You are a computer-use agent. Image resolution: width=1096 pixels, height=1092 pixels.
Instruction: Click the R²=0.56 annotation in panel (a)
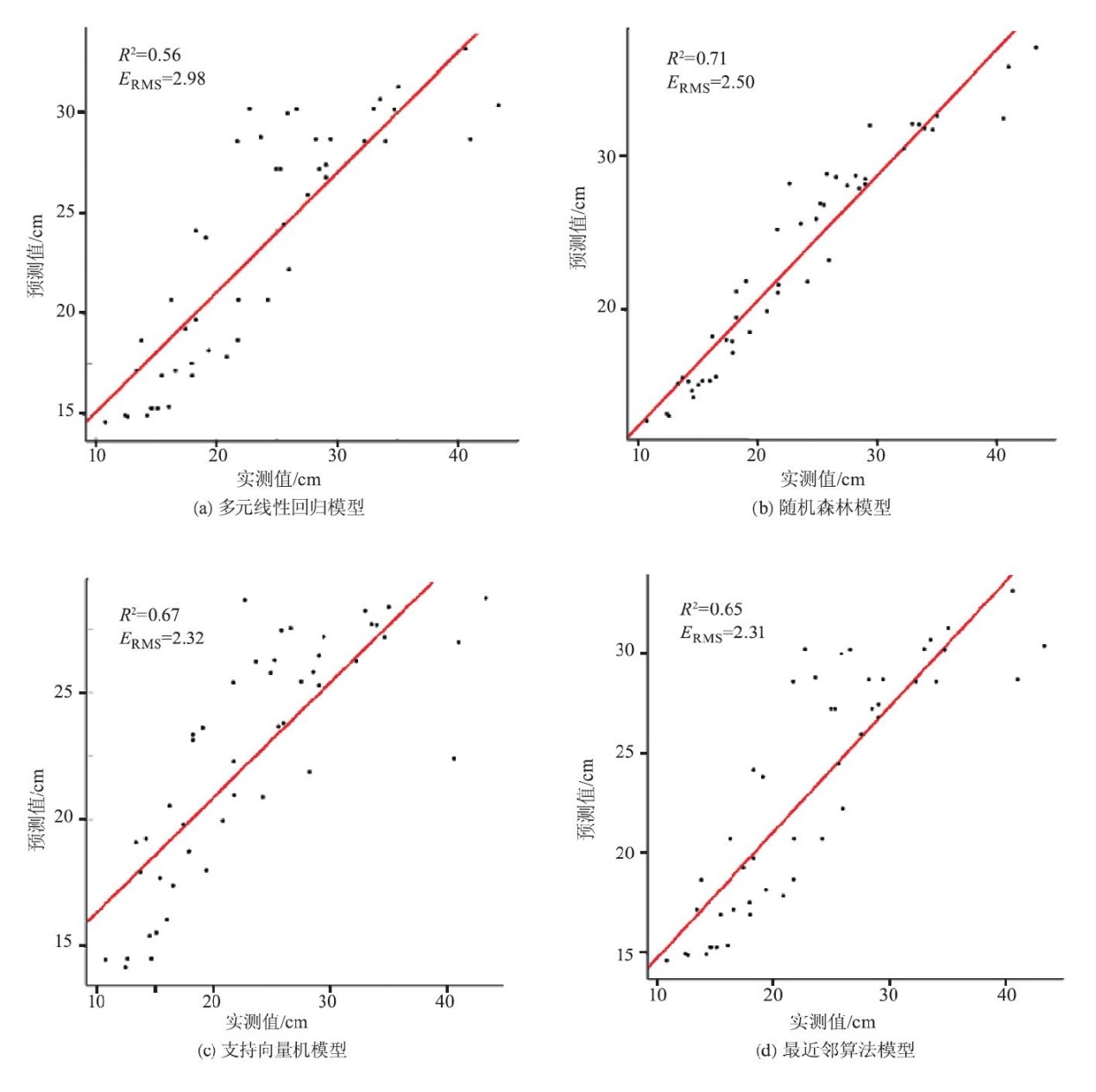point(149,55)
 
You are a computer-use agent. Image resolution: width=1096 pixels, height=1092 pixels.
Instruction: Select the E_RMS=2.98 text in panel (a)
point(161,80)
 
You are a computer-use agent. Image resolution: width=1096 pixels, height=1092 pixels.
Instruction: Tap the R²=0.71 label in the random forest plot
point(696,59)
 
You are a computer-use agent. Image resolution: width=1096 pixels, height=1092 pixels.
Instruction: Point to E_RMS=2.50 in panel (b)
point(710,84)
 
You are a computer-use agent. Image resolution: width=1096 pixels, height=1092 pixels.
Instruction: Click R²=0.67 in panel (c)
point(149,615)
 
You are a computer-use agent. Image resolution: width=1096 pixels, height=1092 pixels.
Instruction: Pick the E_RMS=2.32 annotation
point(161,640)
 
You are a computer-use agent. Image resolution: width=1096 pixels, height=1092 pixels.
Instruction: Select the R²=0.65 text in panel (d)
point(710,609)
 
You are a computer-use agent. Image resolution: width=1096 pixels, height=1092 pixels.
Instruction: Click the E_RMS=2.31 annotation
point(722,634)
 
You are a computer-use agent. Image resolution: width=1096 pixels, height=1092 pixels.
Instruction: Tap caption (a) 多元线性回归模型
point(278,508)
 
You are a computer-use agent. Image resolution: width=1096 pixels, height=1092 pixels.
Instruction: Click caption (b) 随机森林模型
point(821,508)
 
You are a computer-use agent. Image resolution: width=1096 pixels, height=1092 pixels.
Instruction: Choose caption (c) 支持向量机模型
point(272,1051)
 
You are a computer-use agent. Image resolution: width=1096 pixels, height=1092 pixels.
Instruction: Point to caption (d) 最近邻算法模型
point(835,1051)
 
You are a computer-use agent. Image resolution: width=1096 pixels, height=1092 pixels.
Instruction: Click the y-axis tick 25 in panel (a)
point(66,211)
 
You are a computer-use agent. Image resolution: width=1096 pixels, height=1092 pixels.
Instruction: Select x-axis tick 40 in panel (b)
point(996,455)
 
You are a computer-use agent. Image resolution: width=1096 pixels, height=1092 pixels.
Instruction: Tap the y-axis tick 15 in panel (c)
point(64,943)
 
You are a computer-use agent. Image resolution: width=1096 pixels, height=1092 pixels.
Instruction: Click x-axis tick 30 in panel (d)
point(888,994)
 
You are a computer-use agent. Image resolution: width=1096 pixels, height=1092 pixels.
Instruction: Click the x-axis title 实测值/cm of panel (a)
point(279,479)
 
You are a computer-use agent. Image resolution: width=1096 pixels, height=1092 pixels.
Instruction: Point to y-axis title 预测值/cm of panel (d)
point(587,799)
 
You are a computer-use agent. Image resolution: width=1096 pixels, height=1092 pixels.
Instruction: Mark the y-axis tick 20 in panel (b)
point(607,307)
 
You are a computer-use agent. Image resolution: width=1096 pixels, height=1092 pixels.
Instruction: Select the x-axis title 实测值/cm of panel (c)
point(267,1023)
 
